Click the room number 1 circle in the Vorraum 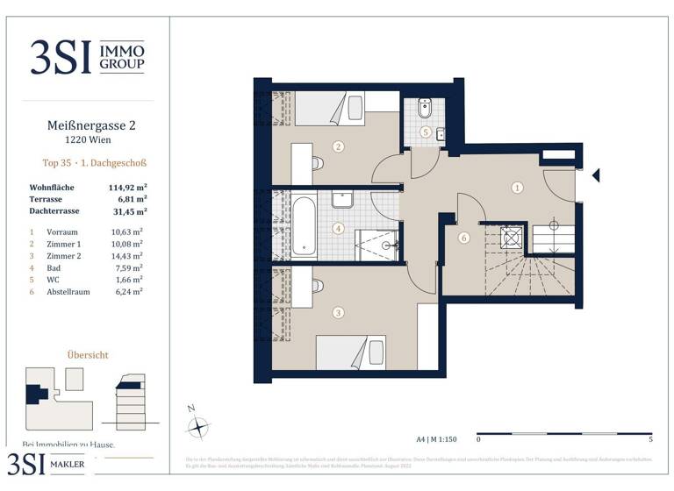coord(518,187)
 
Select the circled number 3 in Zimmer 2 coord(338,311)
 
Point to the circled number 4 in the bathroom coord(339,231)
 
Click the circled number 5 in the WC coord(425,132)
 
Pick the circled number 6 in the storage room coord(463,237)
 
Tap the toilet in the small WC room coord(425,110)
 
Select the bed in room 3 coord(350,352)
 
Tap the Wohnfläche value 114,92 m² coord(127,188)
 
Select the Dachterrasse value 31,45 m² coord(127,211)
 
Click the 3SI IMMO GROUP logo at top coord(86,56)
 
